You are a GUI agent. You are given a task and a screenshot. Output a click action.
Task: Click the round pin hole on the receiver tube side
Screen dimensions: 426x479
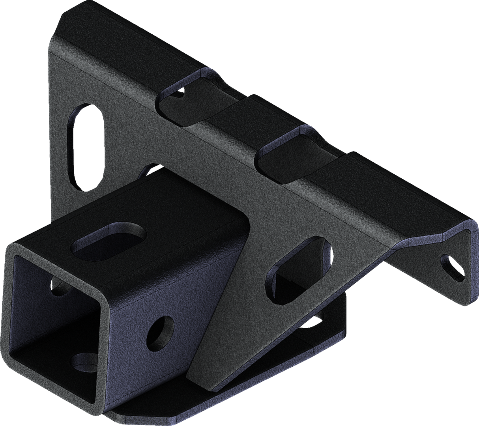coord(161,331)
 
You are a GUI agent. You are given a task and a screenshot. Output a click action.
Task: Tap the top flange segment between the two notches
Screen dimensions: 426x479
coord(237,118)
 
